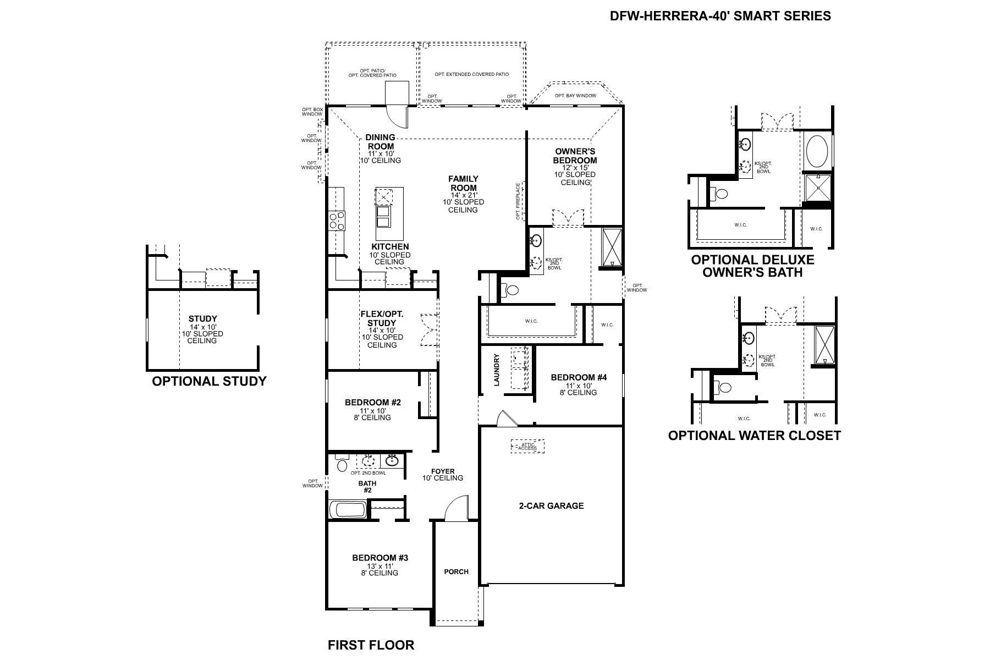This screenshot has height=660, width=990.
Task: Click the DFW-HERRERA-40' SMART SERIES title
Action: click(x=720, y=16)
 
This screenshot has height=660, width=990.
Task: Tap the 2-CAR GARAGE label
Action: click(x=551, y=506)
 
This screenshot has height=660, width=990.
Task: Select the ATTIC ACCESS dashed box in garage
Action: click(x=527, y=446)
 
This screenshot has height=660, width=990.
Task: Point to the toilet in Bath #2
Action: click(x=342, y=465)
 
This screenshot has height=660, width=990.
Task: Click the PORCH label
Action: click(x=456, y=572)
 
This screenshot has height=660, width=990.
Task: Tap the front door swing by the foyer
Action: click(x=456, y=509)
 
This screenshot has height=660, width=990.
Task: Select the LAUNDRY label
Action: click(x=497, y=369)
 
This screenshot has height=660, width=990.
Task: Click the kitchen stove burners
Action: click(x=336, y=221)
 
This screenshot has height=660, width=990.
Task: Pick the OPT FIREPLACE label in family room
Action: click(x=518, y=201)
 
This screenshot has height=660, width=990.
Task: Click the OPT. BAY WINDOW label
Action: click(x=575, y=96)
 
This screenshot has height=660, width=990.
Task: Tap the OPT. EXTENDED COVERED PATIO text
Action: click(x=471, y=74)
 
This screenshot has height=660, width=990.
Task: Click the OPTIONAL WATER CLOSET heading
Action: click(x=754, y=436)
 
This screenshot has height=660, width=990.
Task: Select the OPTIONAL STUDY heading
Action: click(x=209, y=381)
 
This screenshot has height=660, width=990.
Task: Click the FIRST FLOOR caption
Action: click(x=371, y=645)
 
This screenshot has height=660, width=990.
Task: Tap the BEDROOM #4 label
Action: click(x=579, y=377)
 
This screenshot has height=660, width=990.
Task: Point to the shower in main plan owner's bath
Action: click(x=611, y=248)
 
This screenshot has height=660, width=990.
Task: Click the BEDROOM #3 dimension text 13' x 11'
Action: click(x=380, y=566)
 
